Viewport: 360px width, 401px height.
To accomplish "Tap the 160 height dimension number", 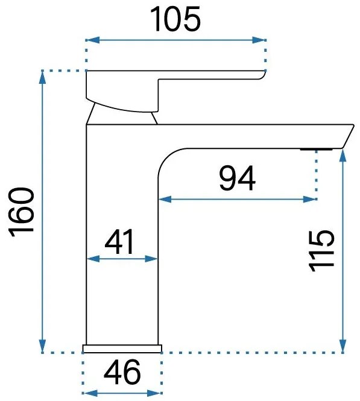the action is coord(22,212).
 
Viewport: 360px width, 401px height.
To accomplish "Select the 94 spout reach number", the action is coord(237,178).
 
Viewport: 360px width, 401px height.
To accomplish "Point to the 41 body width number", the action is coord(119,241).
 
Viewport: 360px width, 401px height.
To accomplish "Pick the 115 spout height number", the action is coord(321,251).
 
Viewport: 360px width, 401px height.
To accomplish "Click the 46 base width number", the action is coord(122,372).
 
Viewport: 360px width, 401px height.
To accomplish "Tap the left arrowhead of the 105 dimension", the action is coord(93,40).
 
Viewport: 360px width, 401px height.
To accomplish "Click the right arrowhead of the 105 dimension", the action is coord(259,40).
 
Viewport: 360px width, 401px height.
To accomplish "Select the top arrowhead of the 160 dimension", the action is coord(42,77).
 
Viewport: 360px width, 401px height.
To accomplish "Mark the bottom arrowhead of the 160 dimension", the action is coord(42,346).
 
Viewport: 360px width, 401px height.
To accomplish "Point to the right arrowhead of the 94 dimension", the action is coord(309,199).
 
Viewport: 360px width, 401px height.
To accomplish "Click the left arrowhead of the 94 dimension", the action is coord(165,199).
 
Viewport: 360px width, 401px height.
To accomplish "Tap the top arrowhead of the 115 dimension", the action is coord(343,155).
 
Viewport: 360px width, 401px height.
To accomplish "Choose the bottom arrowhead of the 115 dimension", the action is coord(343,346).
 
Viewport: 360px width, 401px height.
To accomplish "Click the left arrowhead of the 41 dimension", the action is coord(93,259).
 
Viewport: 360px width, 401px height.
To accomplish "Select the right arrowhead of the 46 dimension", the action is coord(154,393).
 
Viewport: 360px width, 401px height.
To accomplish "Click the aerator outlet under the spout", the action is coord(316,149).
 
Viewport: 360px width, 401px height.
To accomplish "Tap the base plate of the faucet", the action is coord(122,349).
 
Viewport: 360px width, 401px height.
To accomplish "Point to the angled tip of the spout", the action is coord(348,136).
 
